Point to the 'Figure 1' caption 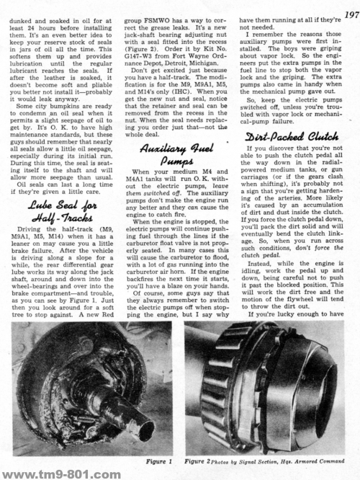pyautogui.click(x=158, y=459)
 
